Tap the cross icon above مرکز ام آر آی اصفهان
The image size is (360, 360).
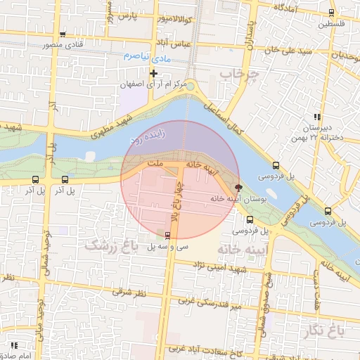[154, 73]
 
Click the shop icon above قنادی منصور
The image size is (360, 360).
[63, 34]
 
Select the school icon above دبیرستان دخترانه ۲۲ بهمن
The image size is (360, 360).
[317, 116]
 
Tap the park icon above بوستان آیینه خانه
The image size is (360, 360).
[238, 188]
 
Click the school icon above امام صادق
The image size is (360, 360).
[13, 345]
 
